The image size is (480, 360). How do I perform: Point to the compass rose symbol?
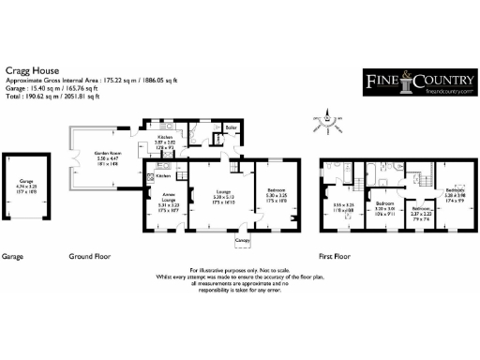click(328, 118)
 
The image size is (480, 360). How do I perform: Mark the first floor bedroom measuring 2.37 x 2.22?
click(419, 211)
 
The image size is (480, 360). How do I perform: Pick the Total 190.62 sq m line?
click(55, 95)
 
